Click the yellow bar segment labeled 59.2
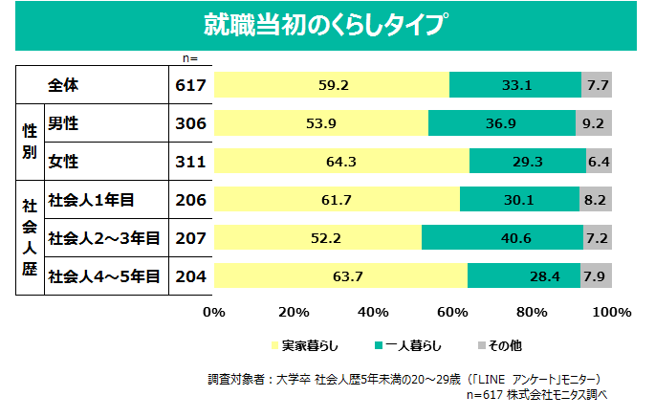click(332, 85)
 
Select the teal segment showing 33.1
click(515, 85)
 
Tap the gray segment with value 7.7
click(597, 85)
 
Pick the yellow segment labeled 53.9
click(321, 123)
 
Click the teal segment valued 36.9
click(502, 123)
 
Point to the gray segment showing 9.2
click(594, 123)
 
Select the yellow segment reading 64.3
click(341, 162)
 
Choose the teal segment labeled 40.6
click(502, 237)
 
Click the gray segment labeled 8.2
click(596, 199)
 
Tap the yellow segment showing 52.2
click(317, 237)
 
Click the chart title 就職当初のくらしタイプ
click(327, 25)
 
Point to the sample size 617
click(191, 85)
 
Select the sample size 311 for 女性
click(191, 162)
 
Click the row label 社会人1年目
click(91, 200)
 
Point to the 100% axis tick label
click(611, 312)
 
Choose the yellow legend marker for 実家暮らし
click(274, 344)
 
